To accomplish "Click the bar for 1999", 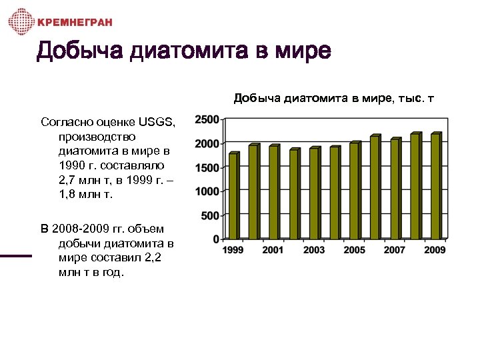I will click(233, 196).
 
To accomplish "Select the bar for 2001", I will click(273, 192).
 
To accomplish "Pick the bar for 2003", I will click(313, 193).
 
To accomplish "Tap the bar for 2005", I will click(354, 191).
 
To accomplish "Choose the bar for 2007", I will click(395, 189).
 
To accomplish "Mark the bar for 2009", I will click(435, 186).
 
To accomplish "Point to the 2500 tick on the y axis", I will click(206, 119).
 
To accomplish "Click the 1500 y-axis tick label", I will click(206, 167).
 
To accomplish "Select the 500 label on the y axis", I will click(209, 215).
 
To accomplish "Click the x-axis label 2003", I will click(313, 250).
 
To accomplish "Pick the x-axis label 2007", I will click(395, 250).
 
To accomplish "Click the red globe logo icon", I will click(21, 22).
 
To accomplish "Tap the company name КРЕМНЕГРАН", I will click(75, 23).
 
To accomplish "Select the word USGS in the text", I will click(157, 122).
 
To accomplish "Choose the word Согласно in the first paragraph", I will click(64, 122).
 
